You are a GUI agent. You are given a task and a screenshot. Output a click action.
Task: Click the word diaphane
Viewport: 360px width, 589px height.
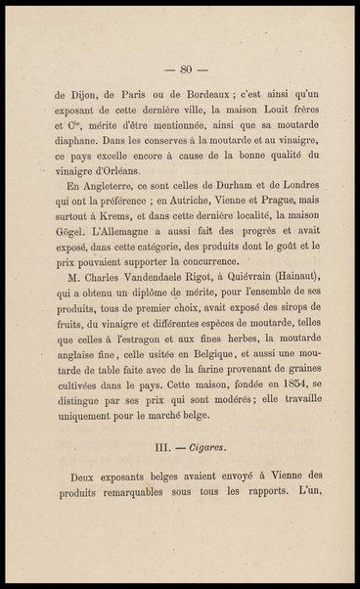75,141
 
